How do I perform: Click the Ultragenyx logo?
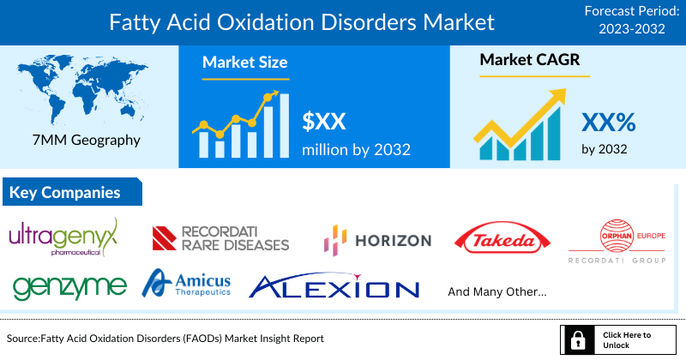(63, 238)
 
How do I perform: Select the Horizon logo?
(377, 240)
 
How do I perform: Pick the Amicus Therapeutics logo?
(188, 283)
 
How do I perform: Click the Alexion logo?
(334, 287)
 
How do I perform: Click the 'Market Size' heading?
(244, 63)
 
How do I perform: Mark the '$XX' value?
(324, 121)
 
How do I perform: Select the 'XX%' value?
(608, 122)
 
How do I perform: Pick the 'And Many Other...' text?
(497, 291)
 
